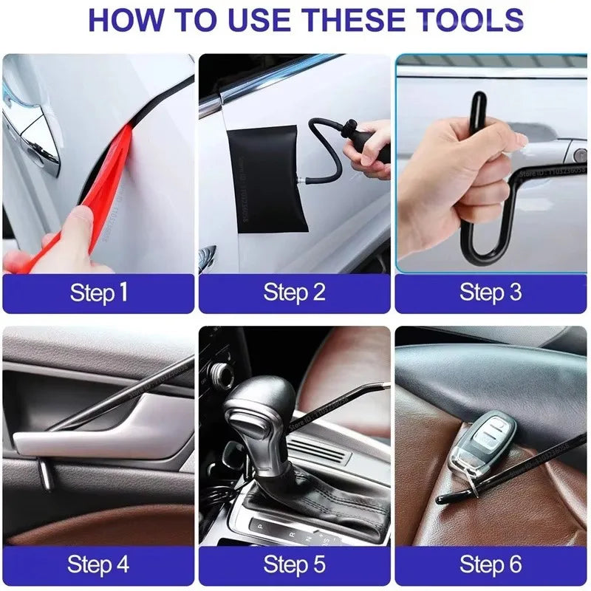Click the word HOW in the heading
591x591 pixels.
click(x=127, y=20)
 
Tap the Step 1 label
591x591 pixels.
click(x=98, y=293)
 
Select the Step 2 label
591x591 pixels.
click(x=294, y=293)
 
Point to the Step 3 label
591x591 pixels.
click(x=491, y=293)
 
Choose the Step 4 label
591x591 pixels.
click(x=98, y=565)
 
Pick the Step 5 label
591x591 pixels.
click(x=294, y=565)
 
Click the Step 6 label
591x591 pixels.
click(x=491, y=565)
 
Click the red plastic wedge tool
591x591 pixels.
click(x=111, y=177)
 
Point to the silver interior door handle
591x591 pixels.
click(x=96, y=440)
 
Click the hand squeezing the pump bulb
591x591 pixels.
click(x=369, y=148)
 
